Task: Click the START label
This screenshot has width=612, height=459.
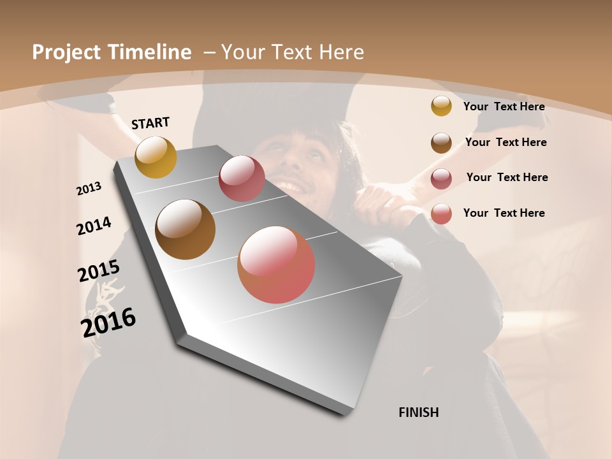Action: pos(150,123)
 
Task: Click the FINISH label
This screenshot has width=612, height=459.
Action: pos(418,412)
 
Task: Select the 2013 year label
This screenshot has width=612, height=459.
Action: pos(89,189)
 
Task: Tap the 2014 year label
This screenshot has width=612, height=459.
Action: pos(94,226)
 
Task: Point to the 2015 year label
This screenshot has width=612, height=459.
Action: pos(98,271)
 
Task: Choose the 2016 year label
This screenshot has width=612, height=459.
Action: pos(108,322)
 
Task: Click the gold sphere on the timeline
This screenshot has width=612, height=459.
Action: pos(156,157)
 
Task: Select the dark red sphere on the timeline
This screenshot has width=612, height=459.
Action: pos(242,178)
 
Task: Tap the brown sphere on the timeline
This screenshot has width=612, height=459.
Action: pos(185,229)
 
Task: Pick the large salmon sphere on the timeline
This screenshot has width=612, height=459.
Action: pos(276,265)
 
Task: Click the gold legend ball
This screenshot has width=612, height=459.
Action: pos(441,106)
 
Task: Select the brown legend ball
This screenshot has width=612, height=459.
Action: pos(441,142)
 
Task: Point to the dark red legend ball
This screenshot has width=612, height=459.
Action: pos(441,178)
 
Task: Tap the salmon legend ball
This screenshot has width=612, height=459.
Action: pos(441,214)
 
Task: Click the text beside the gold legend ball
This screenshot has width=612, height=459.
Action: pos(504,106)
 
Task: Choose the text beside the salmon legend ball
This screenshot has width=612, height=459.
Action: pos(504,213)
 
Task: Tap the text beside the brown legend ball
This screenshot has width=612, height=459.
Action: pos(506,142)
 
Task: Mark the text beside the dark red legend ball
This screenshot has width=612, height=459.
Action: pos(507,177)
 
